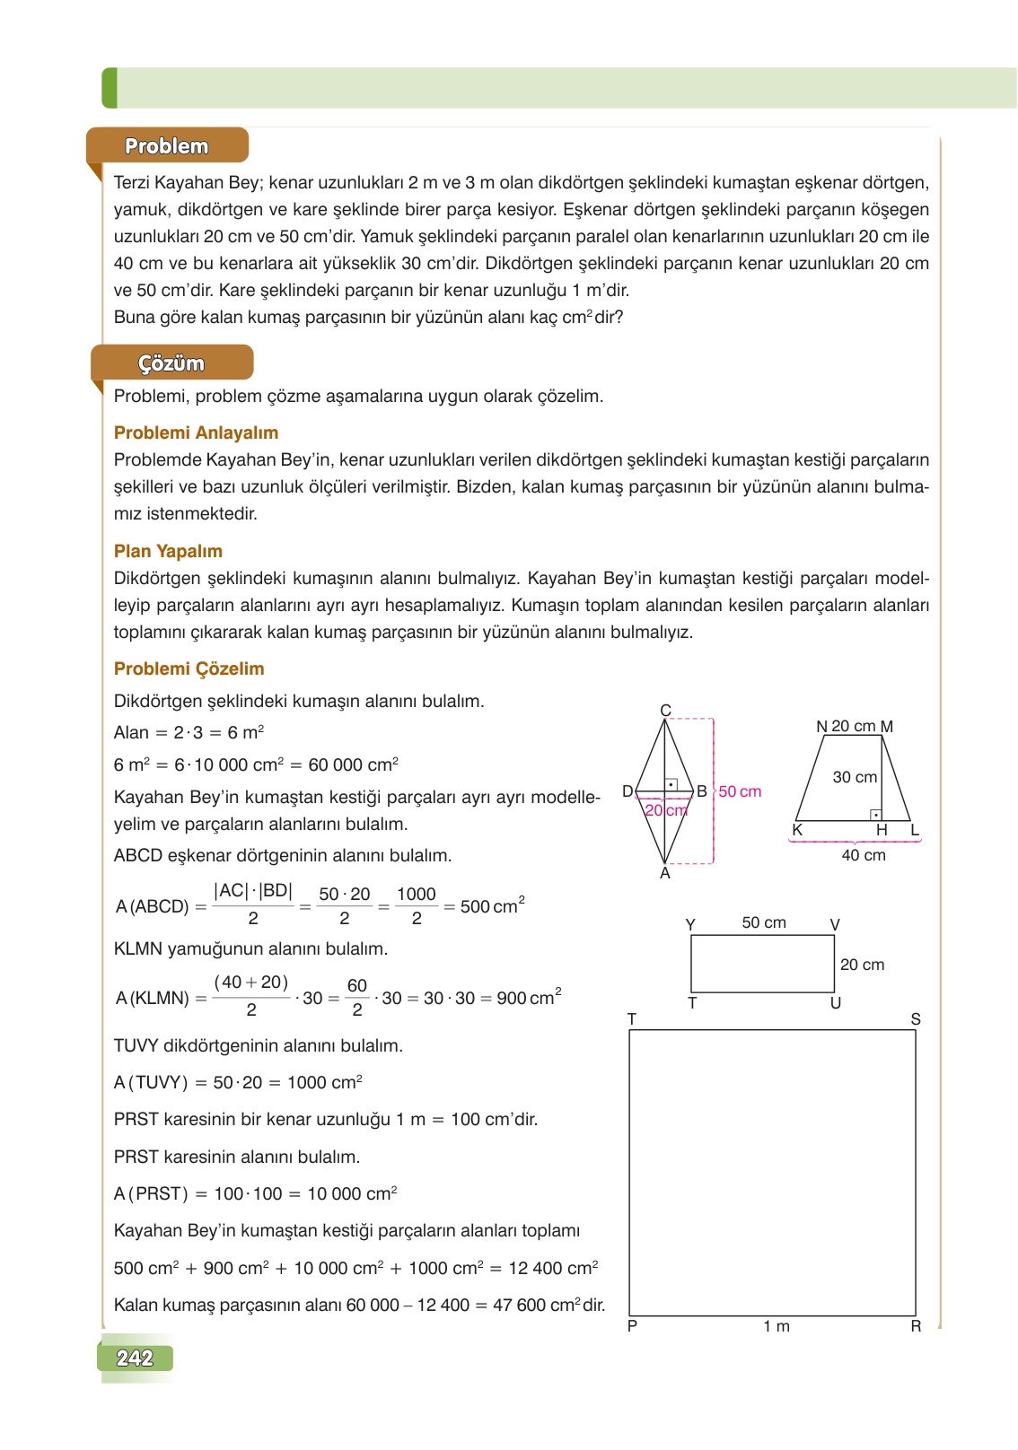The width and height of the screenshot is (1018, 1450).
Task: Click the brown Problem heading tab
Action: (167, 145)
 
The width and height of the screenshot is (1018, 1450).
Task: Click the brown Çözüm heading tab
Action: (171, 362)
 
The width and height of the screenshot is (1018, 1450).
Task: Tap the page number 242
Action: (135, 1358)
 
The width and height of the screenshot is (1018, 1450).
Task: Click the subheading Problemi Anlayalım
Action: (196, 432)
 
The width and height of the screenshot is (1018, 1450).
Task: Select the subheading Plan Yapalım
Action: (168, 551)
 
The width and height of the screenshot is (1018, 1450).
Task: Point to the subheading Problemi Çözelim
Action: (189, 668)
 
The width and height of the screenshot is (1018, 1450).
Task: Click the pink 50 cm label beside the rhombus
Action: (740, 791)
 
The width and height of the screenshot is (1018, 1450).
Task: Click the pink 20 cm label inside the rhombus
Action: (666, 810)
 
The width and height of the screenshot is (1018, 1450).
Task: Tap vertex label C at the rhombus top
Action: (665, 711)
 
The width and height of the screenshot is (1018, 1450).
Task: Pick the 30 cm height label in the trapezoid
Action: (855, 777)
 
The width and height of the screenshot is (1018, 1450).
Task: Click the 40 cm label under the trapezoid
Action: (863, 855)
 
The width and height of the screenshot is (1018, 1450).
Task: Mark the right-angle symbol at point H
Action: (876, 815)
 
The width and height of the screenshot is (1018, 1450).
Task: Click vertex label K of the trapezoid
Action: (797, 830)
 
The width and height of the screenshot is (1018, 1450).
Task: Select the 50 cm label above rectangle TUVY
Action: (764, 922)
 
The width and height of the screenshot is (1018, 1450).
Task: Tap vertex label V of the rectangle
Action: (835, 925)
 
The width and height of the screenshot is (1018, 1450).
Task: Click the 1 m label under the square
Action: (777, 1326)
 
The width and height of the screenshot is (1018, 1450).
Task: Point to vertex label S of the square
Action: (916, 1019)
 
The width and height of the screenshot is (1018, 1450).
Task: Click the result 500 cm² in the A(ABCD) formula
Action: (492, 906)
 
